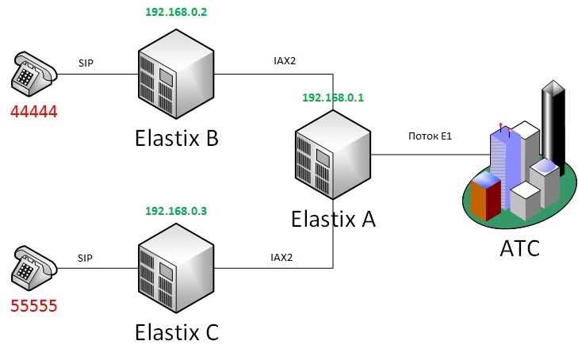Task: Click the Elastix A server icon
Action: pos(331,155)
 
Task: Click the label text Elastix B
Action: pos(175,138)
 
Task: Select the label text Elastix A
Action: pos(332,217)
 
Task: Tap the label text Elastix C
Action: pos(175,331)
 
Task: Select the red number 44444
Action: pos(34,112)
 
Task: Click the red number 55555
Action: pos(34,306)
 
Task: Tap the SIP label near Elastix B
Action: pos(86,62)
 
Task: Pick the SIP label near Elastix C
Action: pos(86,258)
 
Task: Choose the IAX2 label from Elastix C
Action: pos(281,258)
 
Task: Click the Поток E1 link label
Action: pos(429,137)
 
